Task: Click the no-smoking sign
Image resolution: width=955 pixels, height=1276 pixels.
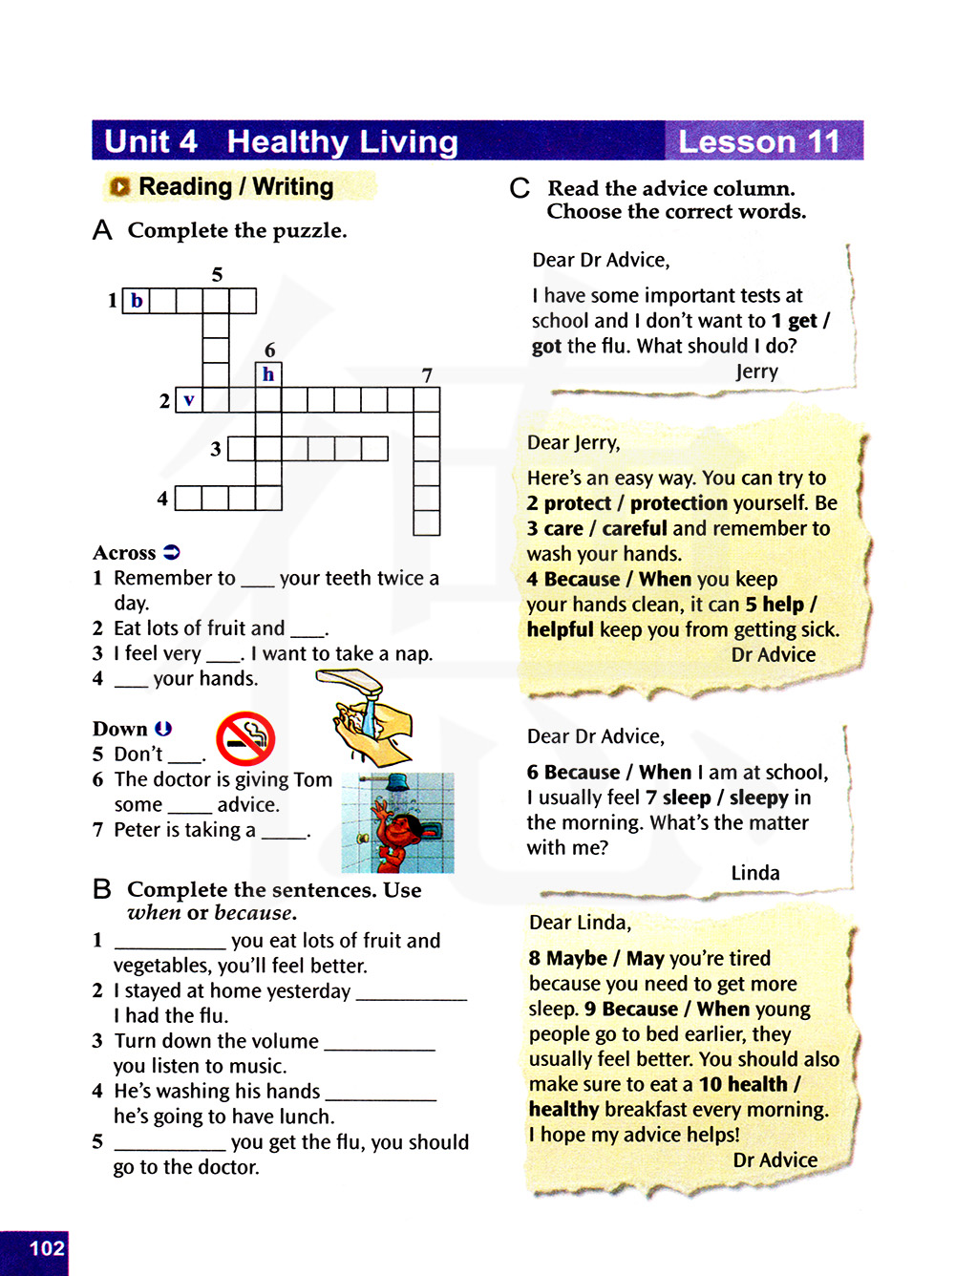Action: coord(245,738)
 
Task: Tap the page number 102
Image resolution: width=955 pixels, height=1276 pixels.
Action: coord(47,1248)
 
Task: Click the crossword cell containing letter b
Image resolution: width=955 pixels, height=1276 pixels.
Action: coord(137,301)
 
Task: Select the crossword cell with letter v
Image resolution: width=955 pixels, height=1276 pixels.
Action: coord(189,400)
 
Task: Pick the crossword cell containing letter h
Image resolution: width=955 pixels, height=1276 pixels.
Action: coord(268,374)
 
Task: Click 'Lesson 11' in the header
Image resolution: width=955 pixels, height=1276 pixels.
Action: coord(759,141)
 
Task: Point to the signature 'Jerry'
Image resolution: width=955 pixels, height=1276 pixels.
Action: coord(756,372)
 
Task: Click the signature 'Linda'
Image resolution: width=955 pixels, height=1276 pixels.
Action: coord(755,873)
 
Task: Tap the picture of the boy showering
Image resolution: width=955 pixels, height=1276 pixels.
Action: coord(397,823)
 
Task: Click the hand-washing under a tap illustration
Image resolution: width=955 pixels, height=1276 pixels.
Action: coord(367,716)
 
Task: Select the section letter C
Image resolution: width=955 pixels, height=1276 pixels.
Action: coord(520,188)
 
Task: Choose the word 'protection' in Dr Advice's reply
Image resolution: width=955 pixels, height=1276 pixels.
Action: coord(679,503)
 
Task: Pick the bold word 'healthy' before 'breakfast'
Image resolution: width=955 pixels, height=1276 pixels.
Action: coord(563,1109)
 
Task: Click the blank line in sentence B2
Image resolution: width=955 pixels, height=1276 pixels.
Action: coord(412,993)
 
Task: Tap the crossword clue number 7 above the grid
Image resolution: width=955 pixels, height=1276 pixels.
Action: coord(427,375)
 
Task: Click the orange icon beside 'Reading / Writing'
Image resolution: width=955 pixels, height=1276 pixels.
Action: coord(119,187)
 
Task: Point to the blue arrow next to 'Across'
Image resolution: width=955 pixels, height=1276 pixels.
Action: coord(172,552)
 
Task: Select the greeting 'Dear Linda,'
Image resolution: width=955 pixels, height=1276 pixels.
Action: coord(580,923)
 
